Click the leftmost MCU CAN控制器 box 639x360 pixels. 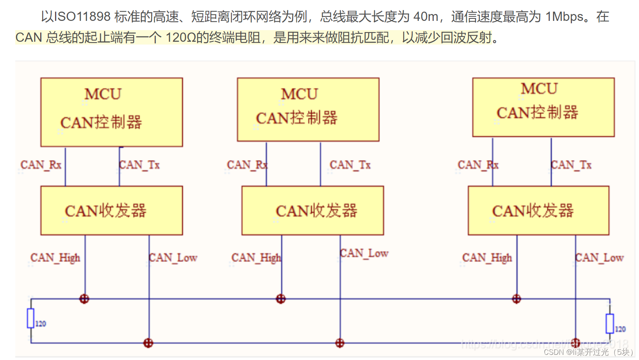click(112, 112)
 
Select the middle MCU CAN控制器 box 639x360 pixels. click(308, 109)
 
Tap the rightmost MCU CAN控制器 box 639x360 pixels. click(543, 107)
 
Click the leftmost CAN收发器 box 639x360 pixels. click(112, 210)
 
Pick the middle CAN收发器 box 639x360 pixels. click(312, 210)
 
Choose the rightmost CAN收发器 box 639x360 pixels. click(538, 210)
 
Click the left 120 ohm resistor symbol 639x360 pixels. click(31, 318)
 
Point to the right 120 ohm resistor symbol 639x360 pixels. click(610, 323)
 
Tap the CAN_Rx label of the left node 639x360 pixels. click(41, 165)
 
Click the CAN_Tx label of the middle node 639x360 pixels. click(350, 165)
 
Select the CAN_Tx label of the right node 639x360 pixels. click(571, 165)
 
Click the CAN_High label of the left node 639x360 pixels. click(55, 258)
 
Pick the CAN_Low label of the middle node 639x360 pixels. click(364, 253)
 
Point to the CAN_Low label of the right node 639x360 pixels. click(599, 258)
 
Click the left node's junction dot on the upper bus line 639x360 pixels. click(84, 299)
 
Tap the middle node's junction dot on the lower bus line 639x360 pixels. click(340, 343)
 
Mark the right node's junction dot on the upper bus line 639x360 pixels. click(517, 299)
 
